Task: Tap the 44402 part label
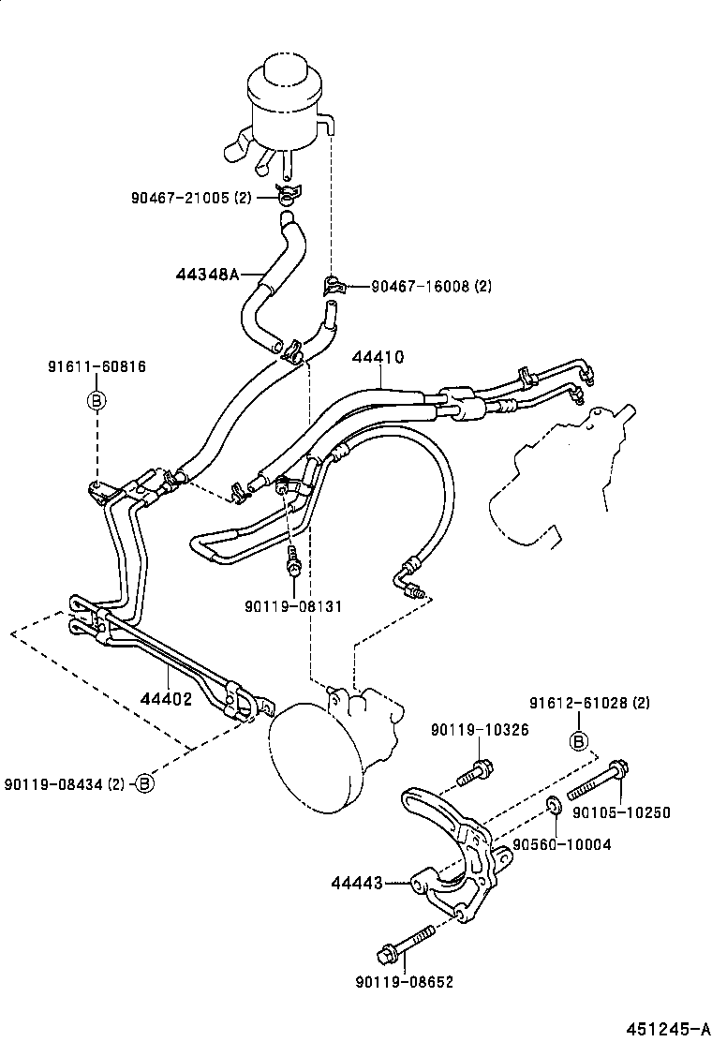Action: click(x=166, y=698)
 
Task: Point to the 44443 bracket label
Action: click(x=356, y=882)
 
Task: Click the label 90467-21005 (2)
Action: click(x=191, y=198)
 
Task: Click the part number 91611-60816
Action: click(x=96, y=366)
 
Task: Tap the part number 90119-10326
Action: click(x=480, y=730)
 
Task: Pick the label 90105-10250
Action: click(x=622, y=812)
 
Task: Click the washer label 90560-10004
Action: click(x=561, y=844)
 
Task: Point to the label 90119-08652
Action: click(x=404, y=982)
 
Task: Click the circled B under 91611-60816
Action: click(x=96, y=400)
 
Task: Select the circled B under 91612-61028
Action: click(x=580, y=742)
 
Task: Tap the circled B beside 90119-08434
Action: click(x=143, y=783)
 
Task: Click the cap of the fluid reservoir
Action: click(x=286, y=67)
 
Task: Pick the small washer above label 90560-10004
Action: click(x=553, y=803)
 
